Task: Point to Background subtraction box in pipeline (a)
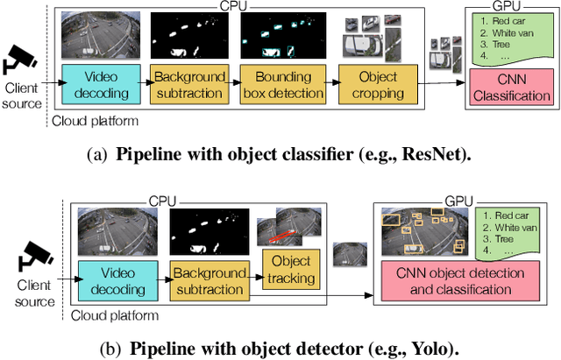(x=188, y=86)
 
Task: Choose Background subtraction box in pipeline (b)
(x=207, y=281)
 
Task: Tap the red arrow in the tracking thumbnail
(x=281, y=233)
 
